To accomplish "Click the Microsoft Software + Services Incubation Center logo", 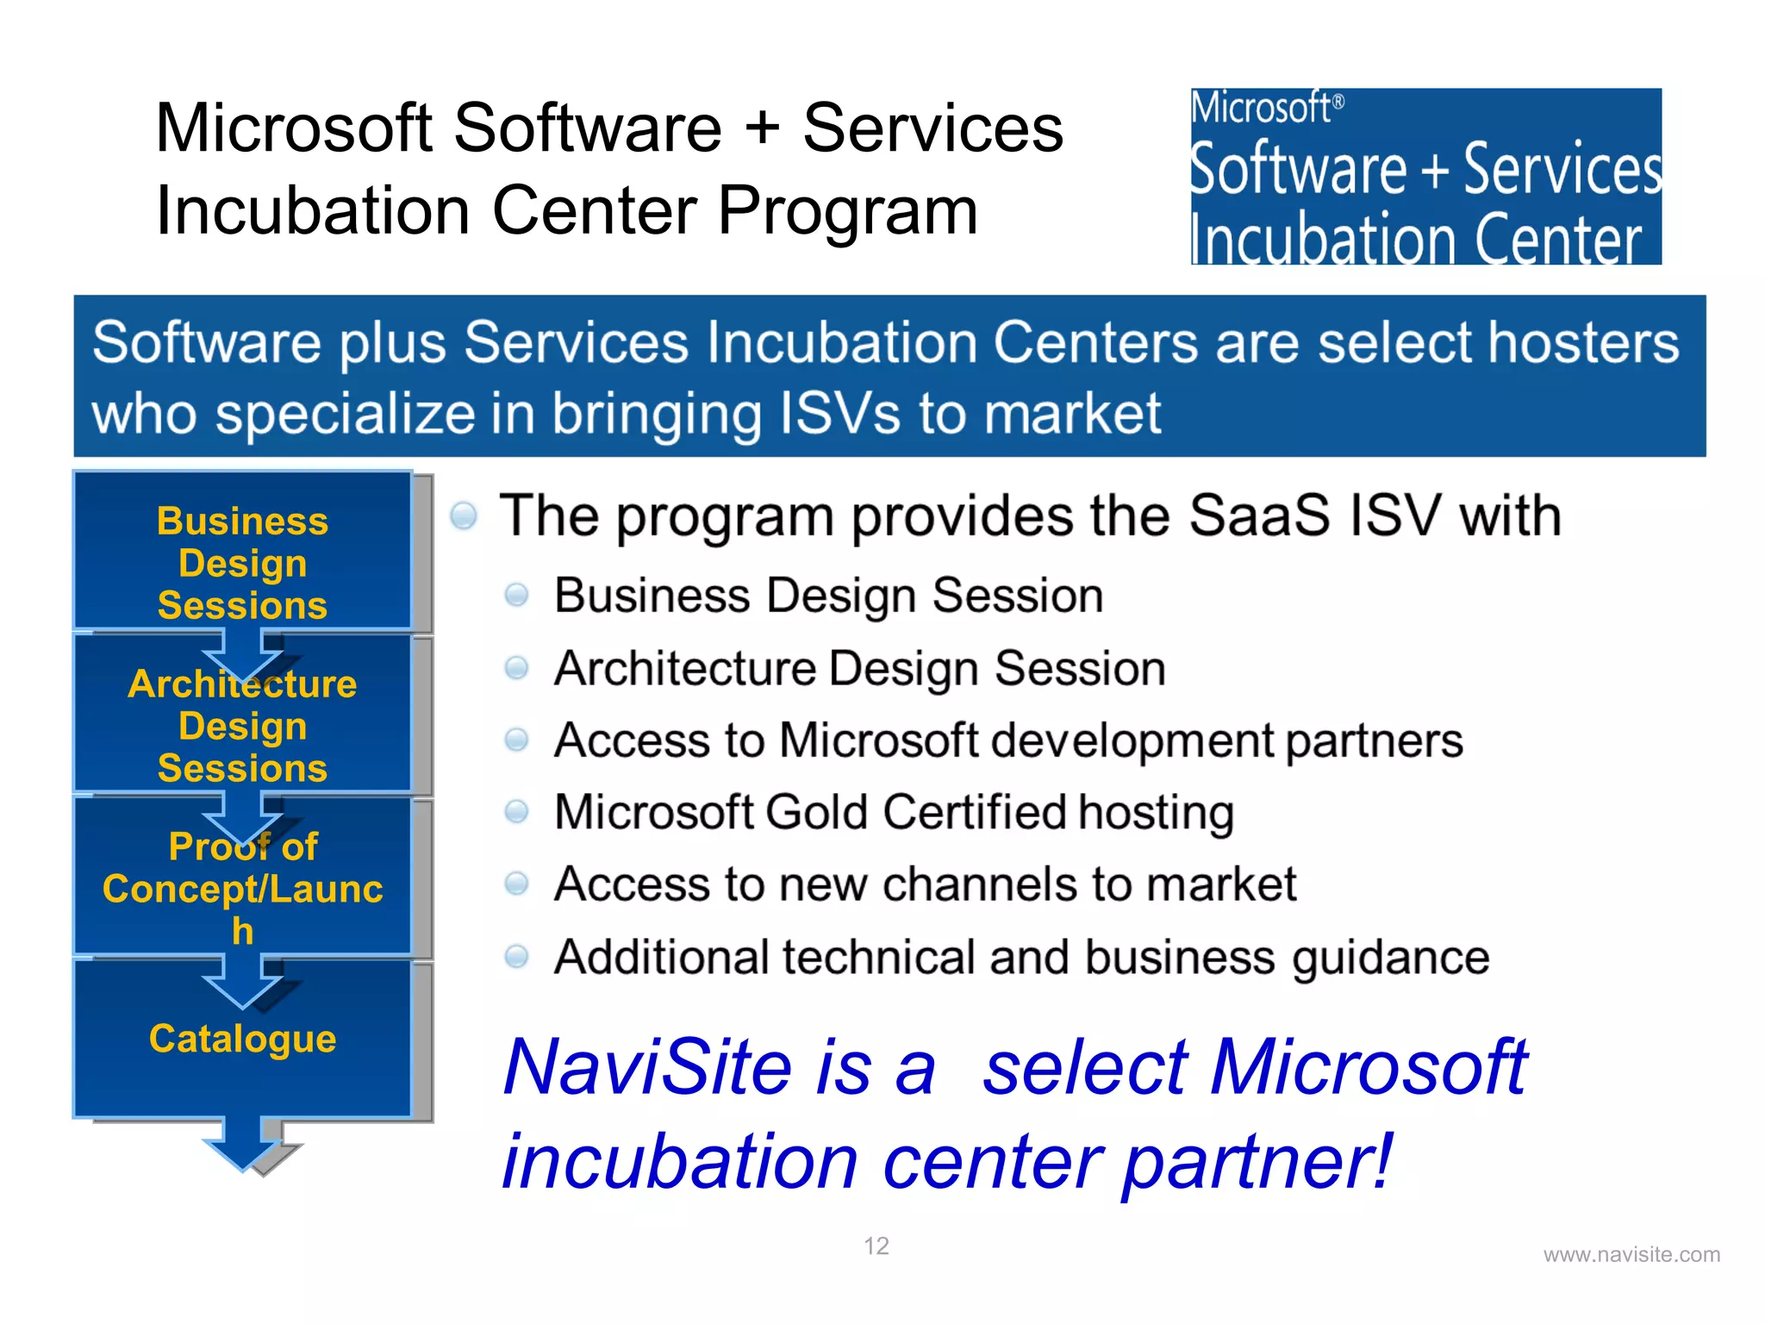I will tap(1425, 177).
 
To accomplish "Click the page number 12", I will tap(876, 1246).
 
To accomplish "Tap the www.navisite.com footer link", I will tap(1631, 1255).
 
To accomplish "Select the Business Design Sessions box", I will tap(242, 562).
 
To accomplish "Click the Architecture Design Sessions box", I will tap(242, 726).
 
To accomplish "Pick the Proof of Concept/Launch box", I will tap(242, 888).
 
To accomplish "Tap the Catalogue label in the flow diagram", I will tap(242, 1039).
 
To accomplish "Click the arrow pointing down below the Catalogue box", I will tap(244, 1145).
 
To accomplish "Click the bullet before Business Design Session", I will tap(516, 595).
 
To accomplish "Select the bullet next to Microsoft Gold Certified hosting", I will tap(516, 811).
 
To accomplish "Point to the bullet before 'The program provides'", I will tap(464, 515).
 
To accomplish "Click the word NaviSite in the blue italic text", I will tap(647, 1067).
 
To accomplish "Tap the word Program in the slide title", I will tap(848, 210).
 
